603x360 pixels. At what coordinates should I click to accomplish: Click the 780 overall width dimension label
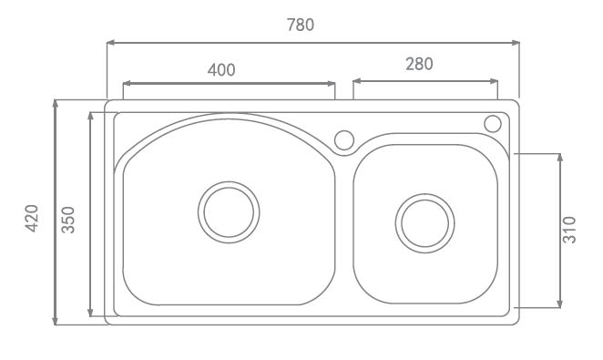point(301,25)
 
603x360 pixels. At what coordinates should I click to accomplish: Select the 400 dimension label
point(221,69)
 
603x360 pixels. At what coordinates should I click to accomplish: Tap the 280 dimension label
point(419,64)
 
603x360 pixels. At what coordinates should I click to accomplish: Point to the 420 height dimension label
point(32,218)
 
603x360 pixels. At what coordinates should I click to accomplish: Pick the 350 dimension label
point(68,220)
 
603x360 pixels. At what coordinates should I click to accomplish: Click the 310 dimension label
point(569,230)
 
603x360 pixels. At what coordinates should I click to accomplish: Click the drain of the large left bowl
point(229,212)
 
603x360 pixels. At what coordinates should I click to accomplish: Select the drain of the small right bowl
point(425,223)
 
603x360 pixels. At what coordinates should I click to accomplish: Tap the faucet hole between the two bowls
point(344,140)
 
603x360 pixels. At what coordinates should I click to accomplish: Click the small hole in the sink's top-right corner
point(493,124)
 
